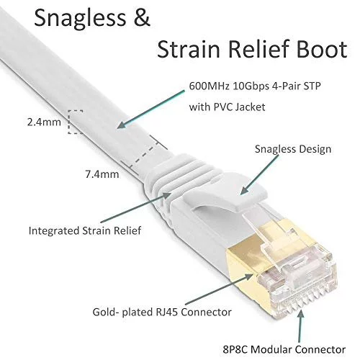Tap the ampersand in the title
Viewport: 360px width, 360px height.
(x=142, y=17)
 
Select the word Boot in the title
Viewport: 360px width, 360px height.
(x=322, y=49)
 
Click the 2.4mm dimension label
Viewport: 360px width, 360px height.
(x=44, y=122)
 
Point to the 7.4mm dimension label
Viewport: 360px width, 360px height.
(x=102, y=174)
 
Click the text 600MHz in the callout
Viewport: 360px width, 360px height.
(x=209, y=86)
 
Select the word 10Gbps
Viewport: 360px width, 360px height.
(x=251, y=86)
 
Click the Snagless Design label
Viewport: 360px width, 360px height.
(x=293, y=149)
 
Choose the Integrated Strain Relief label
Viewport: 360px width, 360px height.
(x=85, y=230)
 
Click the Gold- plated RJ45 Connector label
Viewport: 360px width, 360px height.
(x=162, y=312)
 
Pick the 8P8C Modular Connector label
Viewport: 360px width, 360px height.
(x=284, y=349)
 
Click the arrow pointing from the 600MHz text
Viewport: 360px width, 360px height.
(x=150, y=109)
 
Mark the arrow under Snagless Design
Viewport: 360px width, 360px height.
(x=259, y=175)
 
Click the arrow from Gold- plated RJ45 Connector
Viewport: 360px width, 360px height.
(x=219, y=289)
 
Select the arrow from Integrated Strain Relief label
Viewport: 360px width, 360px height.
(x=136, y=207)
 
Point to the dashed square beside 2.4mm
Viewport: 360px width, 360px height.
(x=76, y=122)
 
